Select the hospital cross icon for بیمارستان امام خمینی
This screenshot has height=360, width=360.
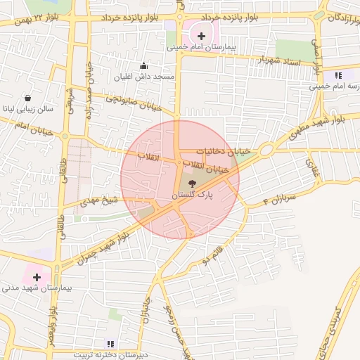coord(202,35)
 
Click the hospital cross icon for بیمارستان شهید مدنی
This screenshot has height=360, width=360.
coord(37,277)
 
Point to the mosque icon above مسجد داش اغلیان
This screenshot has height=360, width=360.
coord(145,65)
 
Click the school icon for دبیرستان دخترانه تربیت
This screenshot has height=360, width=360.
coord(110,343)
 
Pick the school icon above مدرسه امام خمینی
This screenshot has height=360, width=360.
coord(337,75)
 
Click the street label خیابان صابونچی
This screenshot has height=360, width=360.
coord(134,103)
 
